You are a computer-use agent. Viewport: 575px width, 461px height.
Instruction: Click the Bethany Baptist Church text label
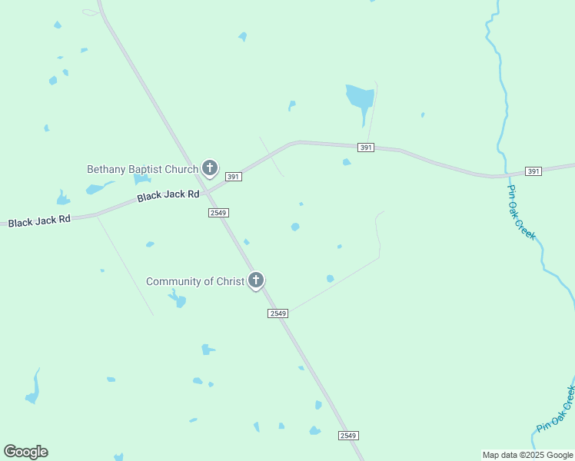click(142, 169)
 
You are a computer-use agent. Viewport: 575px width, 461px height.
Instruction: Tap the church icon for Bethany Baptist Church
click(209, 167)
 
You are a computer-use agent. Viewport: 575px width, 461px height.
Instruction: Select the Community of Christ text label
click(195, 281)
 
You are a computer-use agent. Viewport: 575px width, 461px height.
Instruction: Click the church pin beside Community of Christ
click(256, 280)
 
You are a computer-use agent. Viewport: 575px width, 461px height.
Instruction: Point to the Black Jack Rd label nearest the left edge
click(39, 221)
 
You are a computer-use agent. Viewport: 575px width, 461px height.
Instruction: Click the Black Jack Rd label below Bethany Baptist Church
click(168, 195)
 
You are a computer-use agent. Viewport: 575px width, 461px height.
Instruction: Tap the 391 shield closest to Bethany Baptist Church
click(234, 177)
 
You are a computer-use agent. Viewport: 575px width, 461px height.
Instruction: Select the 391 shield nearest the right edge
click(533, 171)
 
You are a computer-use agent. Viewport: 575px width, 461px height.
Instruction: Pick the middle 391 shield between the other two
click(366, 148)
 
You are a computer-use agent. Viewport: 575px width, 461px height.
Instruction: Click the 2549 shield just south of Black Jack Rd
click(218, 212)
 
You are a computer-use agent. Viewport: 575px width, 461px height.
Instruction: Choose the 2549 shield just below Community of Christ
click(278, 313)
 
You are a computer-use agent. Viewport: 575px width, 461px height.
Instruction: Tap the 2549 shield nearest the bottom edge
click(348, 436)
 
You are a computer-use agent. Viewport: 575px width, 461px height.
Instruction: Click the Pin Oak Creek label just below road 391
click(521, 212)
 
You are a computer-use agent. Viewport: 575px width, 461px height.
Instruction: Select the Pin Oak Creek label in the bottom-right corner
click(556, 410)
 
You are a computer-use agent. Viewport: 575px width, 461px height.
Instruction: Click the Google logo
click(26, 452)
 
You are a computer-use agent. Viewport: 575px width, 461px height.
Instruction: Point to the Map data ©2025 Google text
click(527, 455)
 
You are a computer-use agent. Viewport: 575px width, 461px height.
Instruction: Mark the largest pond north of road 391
click(359, 98)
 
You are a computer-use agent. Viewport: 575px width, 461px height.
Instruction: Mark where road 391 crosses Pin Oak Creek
click(506, 175)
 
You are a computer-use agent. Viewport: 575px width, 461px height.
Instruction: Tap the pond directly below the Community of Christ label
click(178, 300)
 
